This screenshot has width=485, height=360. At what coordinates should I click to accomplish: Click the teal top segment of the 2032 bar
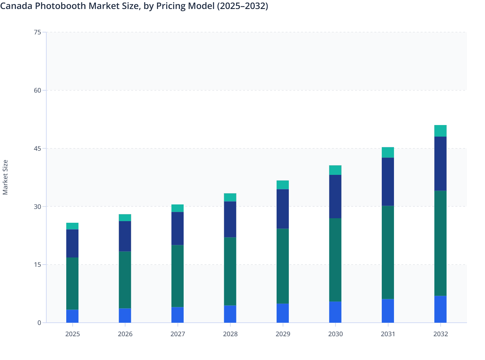point(440,131)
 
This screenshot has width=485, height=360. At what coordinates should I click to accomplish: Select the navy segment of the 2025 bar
point(72,243)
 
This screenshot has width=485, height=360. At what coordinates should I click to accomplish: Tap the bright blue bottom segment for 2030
point(335,312)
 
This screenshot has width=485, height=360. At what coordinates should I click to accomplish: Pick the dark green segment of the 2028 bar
point(230,271)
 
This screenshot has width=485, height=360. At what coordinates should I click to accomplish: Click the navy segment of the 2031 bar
point(388,182)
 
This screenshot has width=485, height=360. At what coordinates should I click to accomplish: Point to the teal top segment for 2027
point(178,208)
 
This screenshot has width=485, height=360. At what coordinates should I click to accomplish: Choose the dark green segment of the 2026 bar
point(125,280)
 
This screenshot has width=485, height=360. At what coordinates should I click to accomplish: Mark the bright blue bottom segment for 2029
point(283,313)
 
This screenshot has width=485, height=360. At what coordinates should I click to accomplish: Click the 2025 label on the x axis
point(72,334)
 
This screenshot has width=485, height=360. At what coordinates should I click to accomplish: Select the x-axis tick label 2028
point(230,334)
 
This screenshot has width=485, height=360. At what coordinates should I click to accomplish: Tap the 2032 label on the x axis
point(440,334)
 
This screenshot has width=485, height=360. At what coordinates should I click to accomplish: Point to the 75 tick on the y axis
point(37,32)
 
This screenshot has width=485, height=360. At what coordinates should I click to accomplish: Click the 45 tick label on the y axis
point(37,148)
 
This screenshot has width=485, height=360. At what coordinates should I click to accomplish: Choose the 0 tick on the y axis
point(39,323)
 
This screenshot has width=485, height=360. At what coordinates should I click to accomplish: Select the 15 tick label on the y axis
point(37,265)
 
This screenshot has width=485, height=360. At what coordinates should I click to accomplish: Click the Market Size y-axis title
point(5,177)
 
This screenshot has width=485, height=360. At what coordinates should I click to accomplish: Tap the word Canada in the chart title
point(16,6)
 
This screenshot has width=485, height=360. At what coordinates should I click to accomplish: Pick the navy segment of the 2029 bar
point(283,209)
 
